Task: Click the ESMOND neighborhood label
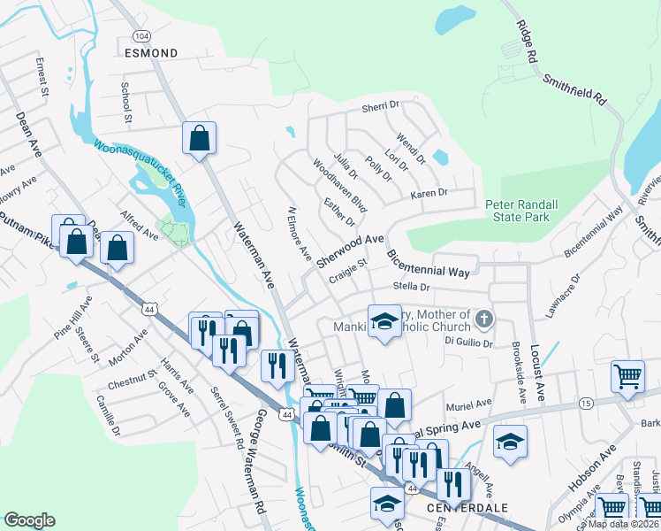[151, 53]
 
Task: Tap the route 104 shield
[141, 35]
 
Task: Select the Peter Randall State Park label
[521, 211]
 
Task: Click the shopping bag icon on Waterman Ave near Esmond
[200, 138]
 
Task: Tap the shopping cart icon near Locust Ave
[627, 375]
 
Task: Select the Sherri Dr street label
[381, 108]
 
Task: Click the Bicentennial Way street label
[429, 264]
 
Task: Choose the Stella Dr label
[412, 287]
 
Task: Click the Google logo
[29, 520]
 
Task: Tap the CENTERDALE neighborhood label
[454, 508]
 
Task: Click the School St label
[126, 102]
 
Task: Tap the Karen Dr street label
[429, 193]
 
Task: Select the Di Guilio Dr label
[468, 341]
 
